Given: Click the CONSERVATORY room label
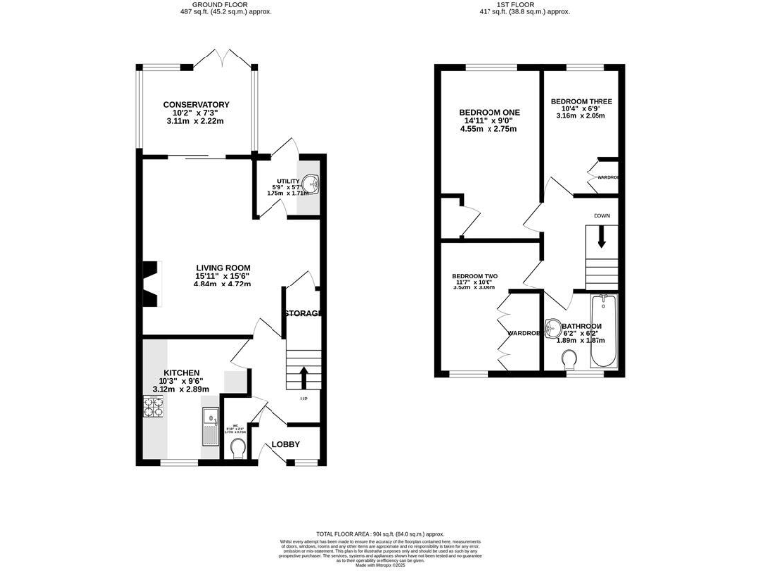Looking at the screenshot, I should pos(196,104).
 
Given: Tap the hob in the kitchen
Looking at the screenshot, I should pos(156,405).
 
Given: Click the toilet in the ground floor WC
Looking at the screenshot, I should pos(237,449).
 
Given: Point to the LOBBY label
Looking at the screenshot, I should pos(286,443).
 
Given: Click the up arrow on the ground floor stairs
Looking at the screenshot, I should pos(303,375).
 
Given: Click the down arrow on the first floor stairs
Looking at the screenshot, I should pos(600,237).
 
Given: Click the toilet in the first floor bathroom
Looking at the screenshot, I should pos(569,357).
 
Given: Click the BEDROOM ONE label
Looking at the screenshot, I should pos(489,113).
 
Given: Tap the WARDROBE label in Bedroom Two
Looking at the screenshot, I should pos(522,333).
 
